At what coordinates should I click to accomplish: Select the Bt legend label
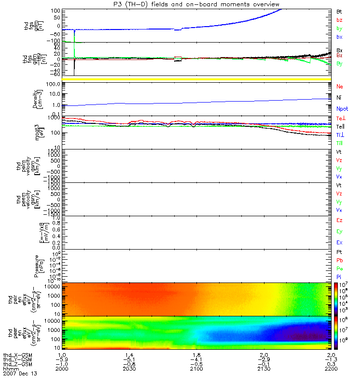point(339,11)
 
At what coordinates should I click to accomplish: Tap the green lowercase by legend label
point(339,29)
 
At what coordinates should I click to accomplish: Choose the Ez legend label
point(339,221)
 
